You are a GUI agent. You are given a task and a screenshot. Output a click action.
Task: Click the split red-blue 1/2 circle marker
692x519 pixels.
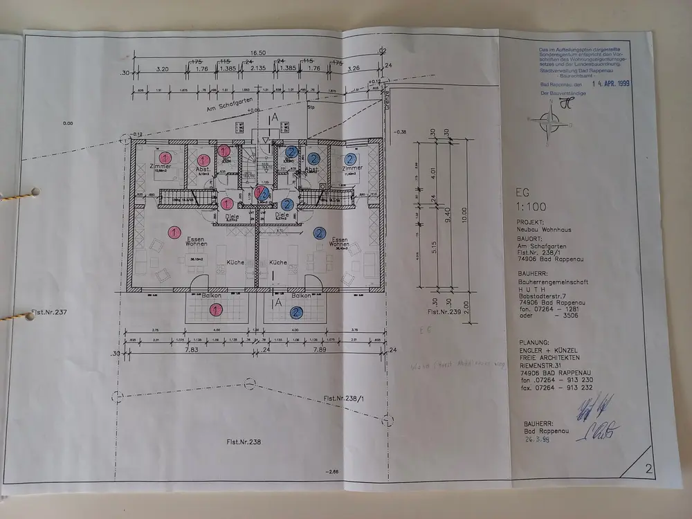point(262,193)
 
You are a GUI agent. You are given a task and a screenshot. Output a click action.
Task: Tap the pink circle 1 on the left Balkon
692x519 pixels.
point(216,311)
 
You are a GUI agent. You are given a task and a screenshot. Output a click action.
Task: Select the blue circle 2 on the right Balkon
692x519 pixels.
point(295,313)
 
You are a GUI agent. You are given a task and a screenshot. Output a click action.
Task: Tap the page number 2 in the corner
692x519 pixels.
point(648,469)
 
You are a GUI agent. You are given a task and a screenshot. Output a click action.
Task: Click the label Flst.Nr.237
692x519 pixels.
point(48,313)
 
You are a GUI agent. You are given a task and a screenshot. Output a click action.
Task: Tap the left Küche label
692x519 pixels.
point(235,263)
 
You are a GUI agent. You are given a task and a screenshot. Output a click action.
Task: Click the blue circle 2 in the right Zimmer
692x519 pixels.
point(344,158)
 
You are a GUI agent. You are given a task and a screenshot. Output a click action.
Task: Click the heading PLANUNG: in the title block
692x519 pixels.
point(534,343)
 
